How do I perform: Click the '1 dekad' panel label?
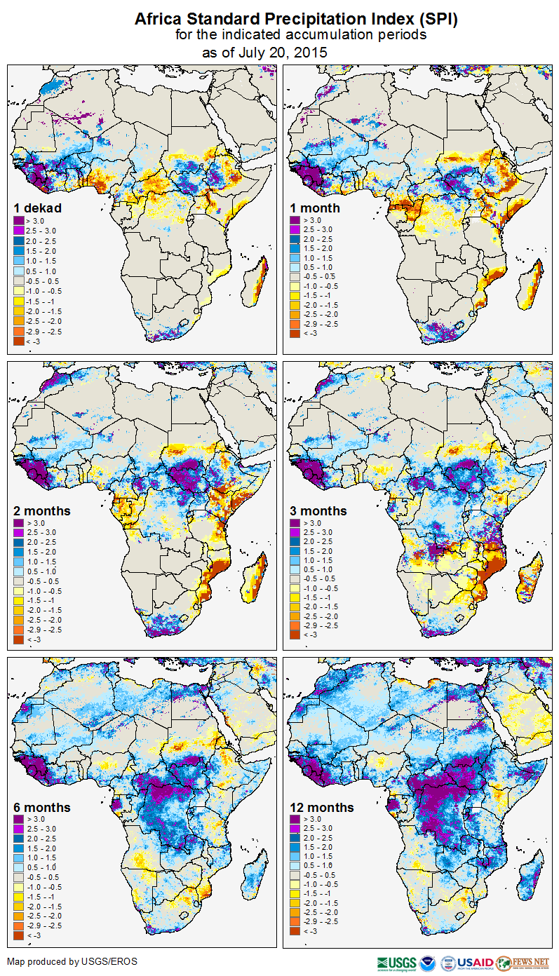[38, 208]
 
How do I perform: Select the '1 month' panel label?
[315, 208]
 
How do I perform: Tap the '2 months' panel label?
[42, 510]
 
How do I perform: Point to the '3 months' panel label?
[318, 510]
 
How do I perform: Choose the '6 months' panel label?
[42, 808]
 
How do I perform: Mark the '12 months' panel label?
[322, 808]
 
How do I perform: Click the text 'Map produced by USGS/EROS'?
[72, 961]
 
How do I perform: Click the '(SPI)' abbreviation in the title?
[435, 20]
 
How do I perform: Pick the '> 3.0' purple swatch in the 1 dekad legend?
[18, 221]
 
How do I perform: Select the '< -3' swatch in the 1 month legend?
[295, 334]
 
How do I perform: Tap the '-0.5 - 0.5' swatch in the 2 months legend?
[18, 582]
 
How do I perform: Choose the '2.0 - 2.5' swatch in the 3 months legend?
[295, 542]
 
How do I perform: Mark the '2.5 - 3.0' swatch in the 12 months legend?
[295, 829]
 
